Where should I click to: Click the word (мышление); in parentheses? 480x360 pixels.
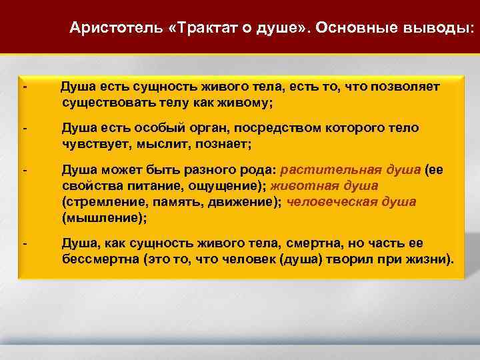pyautogui.click(x=103, y=217)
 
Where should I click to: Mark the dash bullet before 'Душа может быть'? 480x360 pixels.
pyautogui.click(x=24, y=169)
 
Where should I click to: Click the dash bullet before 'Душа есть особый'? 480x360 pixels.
pyautogui.click(x=24, y=128)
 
